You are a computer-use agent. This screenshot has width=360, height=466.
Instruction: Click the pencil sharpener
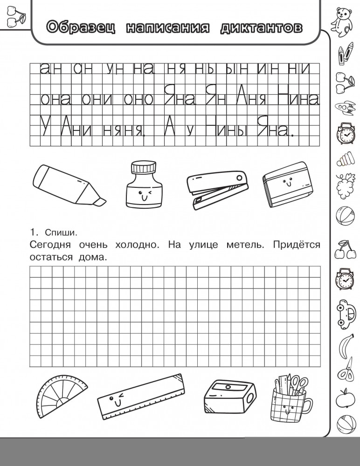point(229,396)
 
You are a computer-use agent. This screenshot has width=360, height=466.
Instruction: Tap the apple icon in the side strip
point(345,397)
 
